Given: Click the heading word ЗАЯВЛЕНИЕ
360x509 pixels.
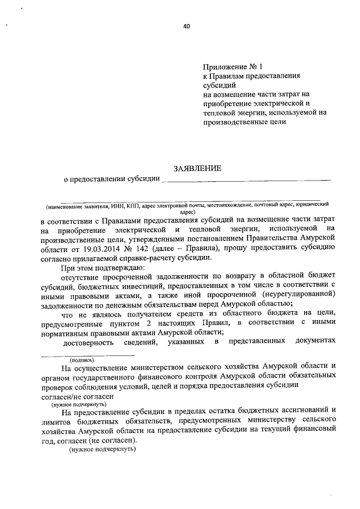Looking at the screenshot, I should (197, 168).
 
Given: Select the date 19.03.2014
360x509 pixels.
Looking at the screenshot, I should (99, 248).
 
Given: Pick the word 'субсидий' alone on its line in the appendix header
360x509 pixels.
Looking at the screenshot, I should (218, 84).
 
